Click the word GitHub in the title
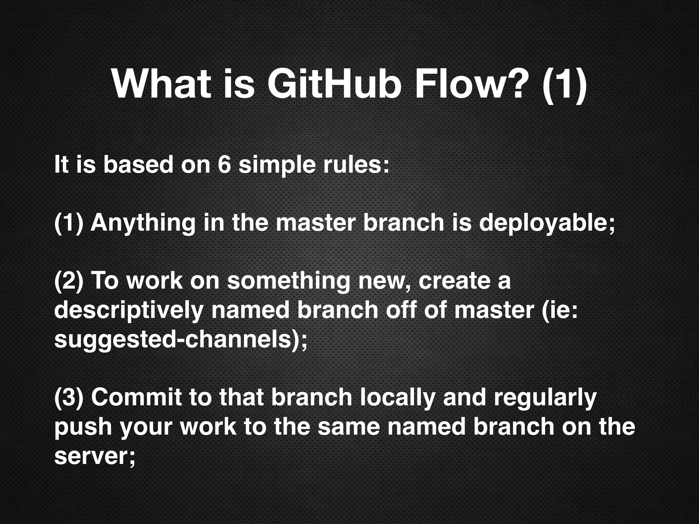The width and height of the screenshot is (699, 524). pos(332,84)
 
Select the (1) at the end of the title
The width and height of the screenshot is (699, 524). pos(564,85)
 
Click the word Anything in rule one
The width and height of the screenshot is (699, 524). pos(143,223)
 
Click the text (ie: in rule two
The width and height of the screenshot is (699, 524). pos(559,310)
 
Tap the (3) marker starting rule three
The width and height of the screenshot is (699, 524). pos(69,398)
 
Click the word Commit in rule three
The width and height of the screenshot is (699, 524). pos(136,398)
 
